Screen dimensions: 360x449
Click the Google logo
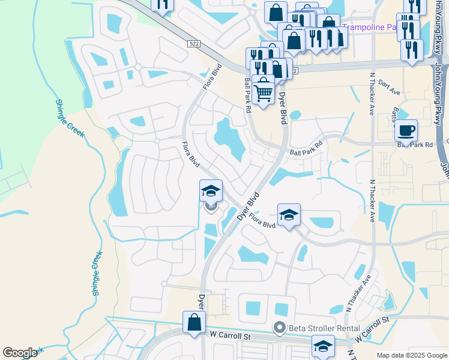pos(20,353)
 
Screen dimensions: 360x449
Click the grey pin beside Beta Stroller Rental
pos(279,328)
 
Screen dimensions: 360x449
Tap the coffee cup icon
pos(406,131)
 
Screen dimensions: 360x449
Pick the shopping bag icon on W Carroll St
pos(195,322)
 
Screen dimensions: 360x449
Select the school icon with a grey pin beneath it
pos(211,191)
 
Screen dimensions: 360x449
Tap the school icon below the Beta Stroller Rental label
pos(323,346)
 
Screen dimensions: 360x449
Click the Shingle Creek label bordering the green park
pos(71,122)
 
